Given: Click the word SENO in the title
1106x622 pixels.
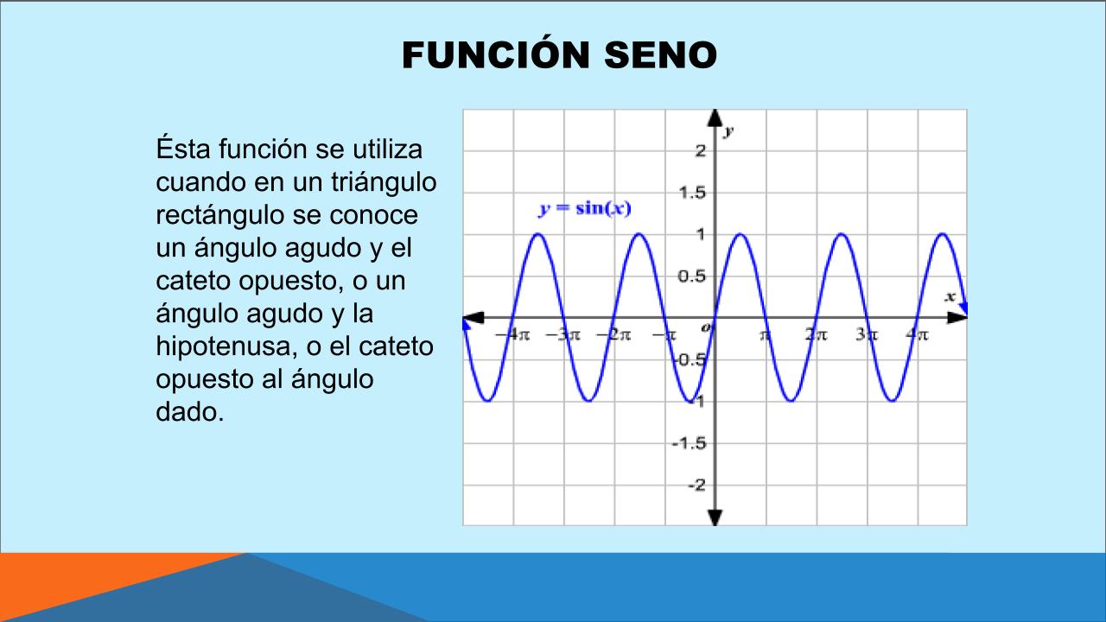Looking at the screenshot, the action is click(661, 54).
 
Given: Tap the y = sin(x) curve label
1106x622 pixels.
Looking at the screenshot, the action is click(585, 208).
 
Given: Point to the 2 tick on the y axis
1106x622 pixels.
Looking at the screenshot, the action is click(701, 150).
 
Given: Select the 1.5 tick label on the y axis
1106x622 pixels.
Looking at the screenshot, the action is click(692, 193).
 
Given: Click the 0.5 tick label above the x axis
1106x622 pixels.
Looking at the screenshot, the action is click(692, 276).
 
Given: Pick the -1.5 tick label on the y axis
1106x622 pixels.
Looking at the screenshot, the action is click(690, 444).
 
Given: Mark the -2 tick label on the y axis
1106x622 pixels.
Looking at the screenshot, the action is click(697, 486).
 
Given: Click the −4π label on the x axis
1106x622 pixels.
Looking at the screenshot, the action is click(512, 334).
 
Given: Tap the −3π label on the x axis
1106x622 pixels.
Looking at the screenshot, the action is click(563, 334).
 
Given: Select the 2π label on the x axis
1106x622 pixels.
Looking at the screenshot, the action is click(817, 334).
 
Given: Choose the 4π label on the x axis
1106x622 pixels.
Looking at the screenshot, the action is click(917, 334).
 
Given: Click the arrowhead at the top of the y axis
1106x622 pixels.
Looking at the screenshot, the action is click(715, 117).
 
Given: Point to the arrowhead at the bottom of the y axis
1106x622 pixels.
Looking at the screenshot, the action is click(715, 517).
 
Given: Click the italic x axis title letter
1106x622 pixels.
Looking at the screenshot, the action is click(950, 296).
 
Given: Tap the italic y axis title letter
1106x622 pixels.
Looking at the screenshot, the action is click(728, 131).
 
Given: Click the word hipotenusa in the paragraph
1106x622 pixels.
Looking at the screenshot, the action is click(227, 346).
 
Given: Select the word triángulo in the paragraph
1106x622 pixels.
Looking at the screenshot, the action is click(384, 182).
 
